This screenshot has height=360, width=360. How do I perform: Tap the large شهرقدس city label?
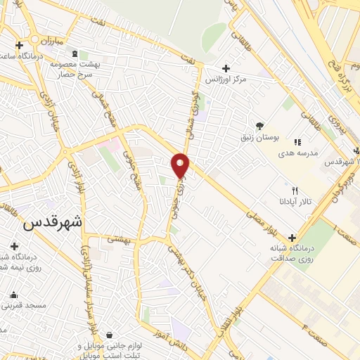pos(53,222)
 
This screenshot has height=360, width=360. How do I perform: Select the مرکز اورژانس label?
pos(227,80)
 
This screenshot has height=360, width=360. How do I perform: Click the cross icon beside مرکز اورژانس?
pos(226,68)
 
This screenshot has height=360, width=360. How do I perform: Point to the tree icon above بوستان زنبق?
pos(260,126)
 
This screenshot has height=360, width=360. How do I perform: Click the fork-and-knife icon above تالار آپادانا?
pos(295,191)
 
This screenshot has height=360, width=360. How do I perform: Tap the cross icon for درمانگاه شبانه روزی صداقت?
pos(292,238)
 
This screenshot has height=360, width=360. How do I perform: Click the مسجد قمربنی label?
pos(24,306)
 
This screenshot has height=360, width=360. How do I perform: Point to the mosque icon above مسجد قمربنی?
pos(13,295)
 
